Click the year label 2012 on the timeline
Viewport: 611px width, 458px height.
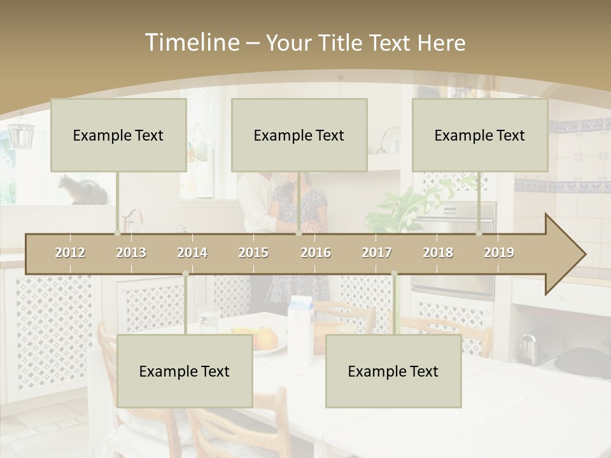coord(70,253)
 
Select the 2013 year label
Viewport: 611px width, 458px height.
coord(131,253)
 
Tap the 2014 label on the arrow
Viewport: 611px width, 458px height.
coord(192,253)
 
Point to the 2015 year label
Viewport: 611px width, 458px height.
coord(253,253)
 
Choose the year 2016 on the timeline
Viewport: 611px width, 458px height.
coord(316,253)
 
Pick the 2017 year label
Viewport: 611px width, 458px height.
coord(377,253)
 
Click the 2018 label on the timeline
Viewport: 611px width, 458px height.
coord(438,253)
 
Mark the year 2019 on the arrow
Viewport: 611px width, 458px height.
coord(499,253)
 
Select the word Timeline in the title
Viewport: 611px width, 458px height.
coord(191,43)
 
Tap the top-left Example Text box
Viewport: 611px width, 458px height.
coord(118,135)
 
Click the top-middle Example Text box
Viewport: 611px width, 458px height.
coord(299,135)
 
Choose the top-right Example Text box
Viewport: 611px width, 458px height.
coord(480,135)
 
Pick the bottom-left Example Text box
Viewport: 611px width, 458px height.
coord(185,371)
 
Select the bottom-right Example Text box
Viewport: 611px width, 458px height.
coord(393,371)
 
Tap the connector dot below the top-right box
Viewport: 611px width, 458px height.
coord(479,233)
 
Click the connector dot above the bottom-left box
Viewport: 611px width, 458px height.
coord(185,274)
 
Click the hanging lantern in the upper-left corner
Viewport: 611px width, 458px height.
coord(21,134)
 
